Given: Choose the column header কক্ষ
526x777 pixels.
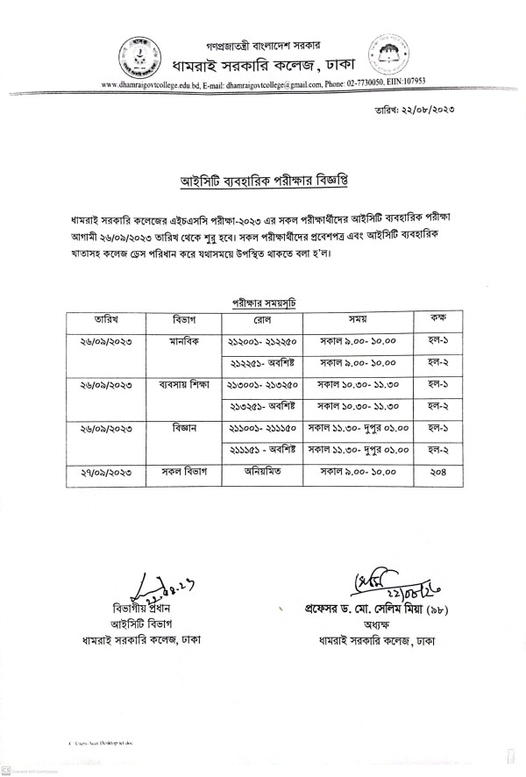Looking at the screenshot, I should coord(434,318).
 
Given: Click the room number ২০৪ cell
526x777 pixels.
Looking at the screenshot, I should coord(434,472).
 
